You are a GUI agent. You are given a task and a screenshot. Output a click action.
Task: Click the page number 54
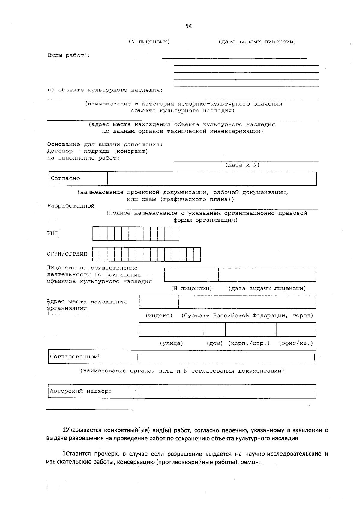tap(189, 26)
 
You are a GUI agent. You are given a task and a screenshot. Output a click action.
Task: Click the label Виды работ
tap(68, 55)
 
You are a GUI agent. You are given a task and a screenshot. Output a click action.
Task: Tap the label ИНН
tap(52, 233)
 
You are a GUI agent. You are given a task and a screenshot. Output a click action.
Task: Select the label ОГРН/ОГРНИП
tap(67, 254)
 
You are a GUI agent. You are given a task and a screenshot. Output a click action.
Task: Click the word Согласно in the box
tap(65, 178)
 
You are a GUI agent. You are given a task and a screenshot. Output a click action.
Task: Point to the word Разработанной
tap(71, 206)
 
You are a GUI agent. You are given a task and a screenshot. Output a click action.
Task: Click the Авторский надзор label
tap(80, 391)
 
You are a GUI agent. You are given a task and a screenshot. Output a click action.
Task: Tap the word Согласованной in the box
tap(74, 357)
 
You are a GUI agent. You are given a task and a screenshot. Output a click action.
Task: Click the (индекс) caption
tap(159, 316)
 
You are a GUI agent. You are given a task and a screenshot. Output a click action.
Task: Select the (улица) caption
tap(171, 343)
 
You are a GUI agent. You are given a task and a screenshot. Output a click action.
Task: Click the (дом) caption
tap(214, 343)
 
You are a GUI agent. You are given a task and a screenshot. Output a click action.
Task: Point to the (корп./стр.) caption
tap(249, 343)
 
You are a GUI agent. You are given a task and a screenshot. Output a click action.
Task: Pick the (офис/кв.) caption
tap(296, 343)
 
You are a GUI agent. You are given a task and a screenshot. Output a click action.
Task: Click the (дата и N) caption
tap(242, 165)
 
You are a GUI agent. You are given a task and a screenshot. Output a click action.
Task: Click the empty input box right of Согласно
tap(212, 178)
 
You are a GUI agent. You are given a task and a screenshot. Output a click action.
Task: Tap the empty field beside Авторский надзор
tap(227, 391)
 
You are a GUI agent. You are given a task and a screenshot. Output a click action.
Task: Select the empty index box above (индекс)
tap(159, 302)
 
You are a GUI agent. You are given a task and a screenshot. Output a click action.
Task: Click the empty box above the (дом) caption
tap(214, 329)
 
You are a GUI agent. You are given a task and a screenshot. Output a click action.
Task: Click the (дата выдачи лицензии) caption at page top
tap(257, 42)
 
